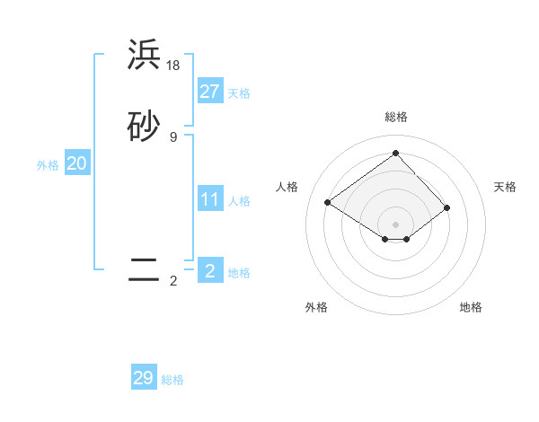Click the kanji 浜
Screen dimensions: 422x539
click(144, 56)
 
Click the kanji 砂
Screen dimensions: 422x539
click(144, 127)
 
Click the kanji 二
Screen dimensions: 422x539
click(144, 269)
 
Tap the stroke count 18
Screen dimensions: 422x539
click(173, 66)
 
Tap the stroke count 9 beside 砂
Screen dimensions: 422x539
click(173, 136)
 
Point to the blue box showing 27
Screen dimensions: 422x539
click(209, 92)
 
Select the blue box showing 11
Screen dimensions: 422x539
click(209, 199)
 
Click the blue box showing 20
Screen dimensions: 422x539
click(76, 163)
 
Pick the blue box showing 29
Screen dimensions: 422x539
click(144, 378)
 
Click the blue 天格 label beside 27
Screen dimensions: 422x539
click(239, 93)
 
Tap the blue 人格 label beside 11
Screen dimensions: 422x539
click(239, 201)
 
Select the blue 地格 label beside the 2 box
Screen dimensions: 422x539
click(239, 273)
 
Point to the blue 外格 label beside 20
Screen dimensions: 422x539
click(48, 165)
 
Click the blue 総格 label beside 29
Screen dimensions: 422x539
click(172, 380)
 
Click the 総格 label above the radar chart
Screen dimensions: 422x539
click(395, 117)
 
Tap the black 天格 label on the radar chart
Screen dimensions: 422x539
click(505, 187)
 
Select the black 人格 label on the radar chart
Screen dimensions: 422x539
click(287, 187)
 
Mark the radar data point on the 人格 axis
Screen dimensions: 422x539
click(328, 203)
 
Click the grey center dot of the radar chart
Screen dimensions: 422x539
click(395, 224)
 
